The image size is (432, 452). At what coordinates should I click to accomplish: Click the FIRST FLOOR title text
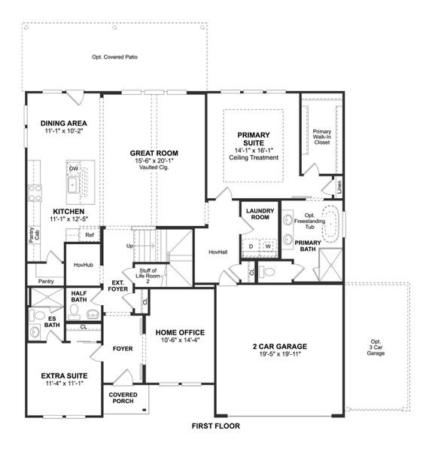[215, 426]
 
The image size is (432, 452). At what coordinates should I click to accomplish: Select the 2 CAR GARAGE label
[279, 347]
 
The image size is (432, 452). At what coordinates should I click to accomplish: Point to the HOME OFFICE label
[180, 332]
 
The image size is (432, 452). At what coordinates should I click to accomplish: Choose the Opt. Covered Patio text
[114, 57]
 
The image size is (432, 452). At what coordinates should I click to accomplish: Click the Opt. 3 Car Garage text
[376, 347]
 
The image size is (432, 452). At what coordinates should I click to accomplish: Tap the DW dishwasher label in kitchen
[74, 169]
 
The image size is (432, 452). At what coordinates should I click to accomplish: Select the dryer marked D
[251, 246]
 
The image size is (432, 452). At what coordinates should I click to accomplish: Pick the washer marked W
[267, 246]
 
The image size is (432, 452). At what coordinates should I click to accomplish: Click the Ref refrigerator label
[89, 235]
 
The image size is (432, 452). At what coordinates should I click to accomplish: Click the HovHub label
[82, 265]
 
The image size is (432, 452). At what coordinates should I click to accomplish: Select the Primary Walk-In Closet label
[322, 136]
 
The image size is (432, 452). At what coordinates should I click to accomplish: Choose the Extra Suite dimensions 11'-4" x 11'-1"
[64, 383]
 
